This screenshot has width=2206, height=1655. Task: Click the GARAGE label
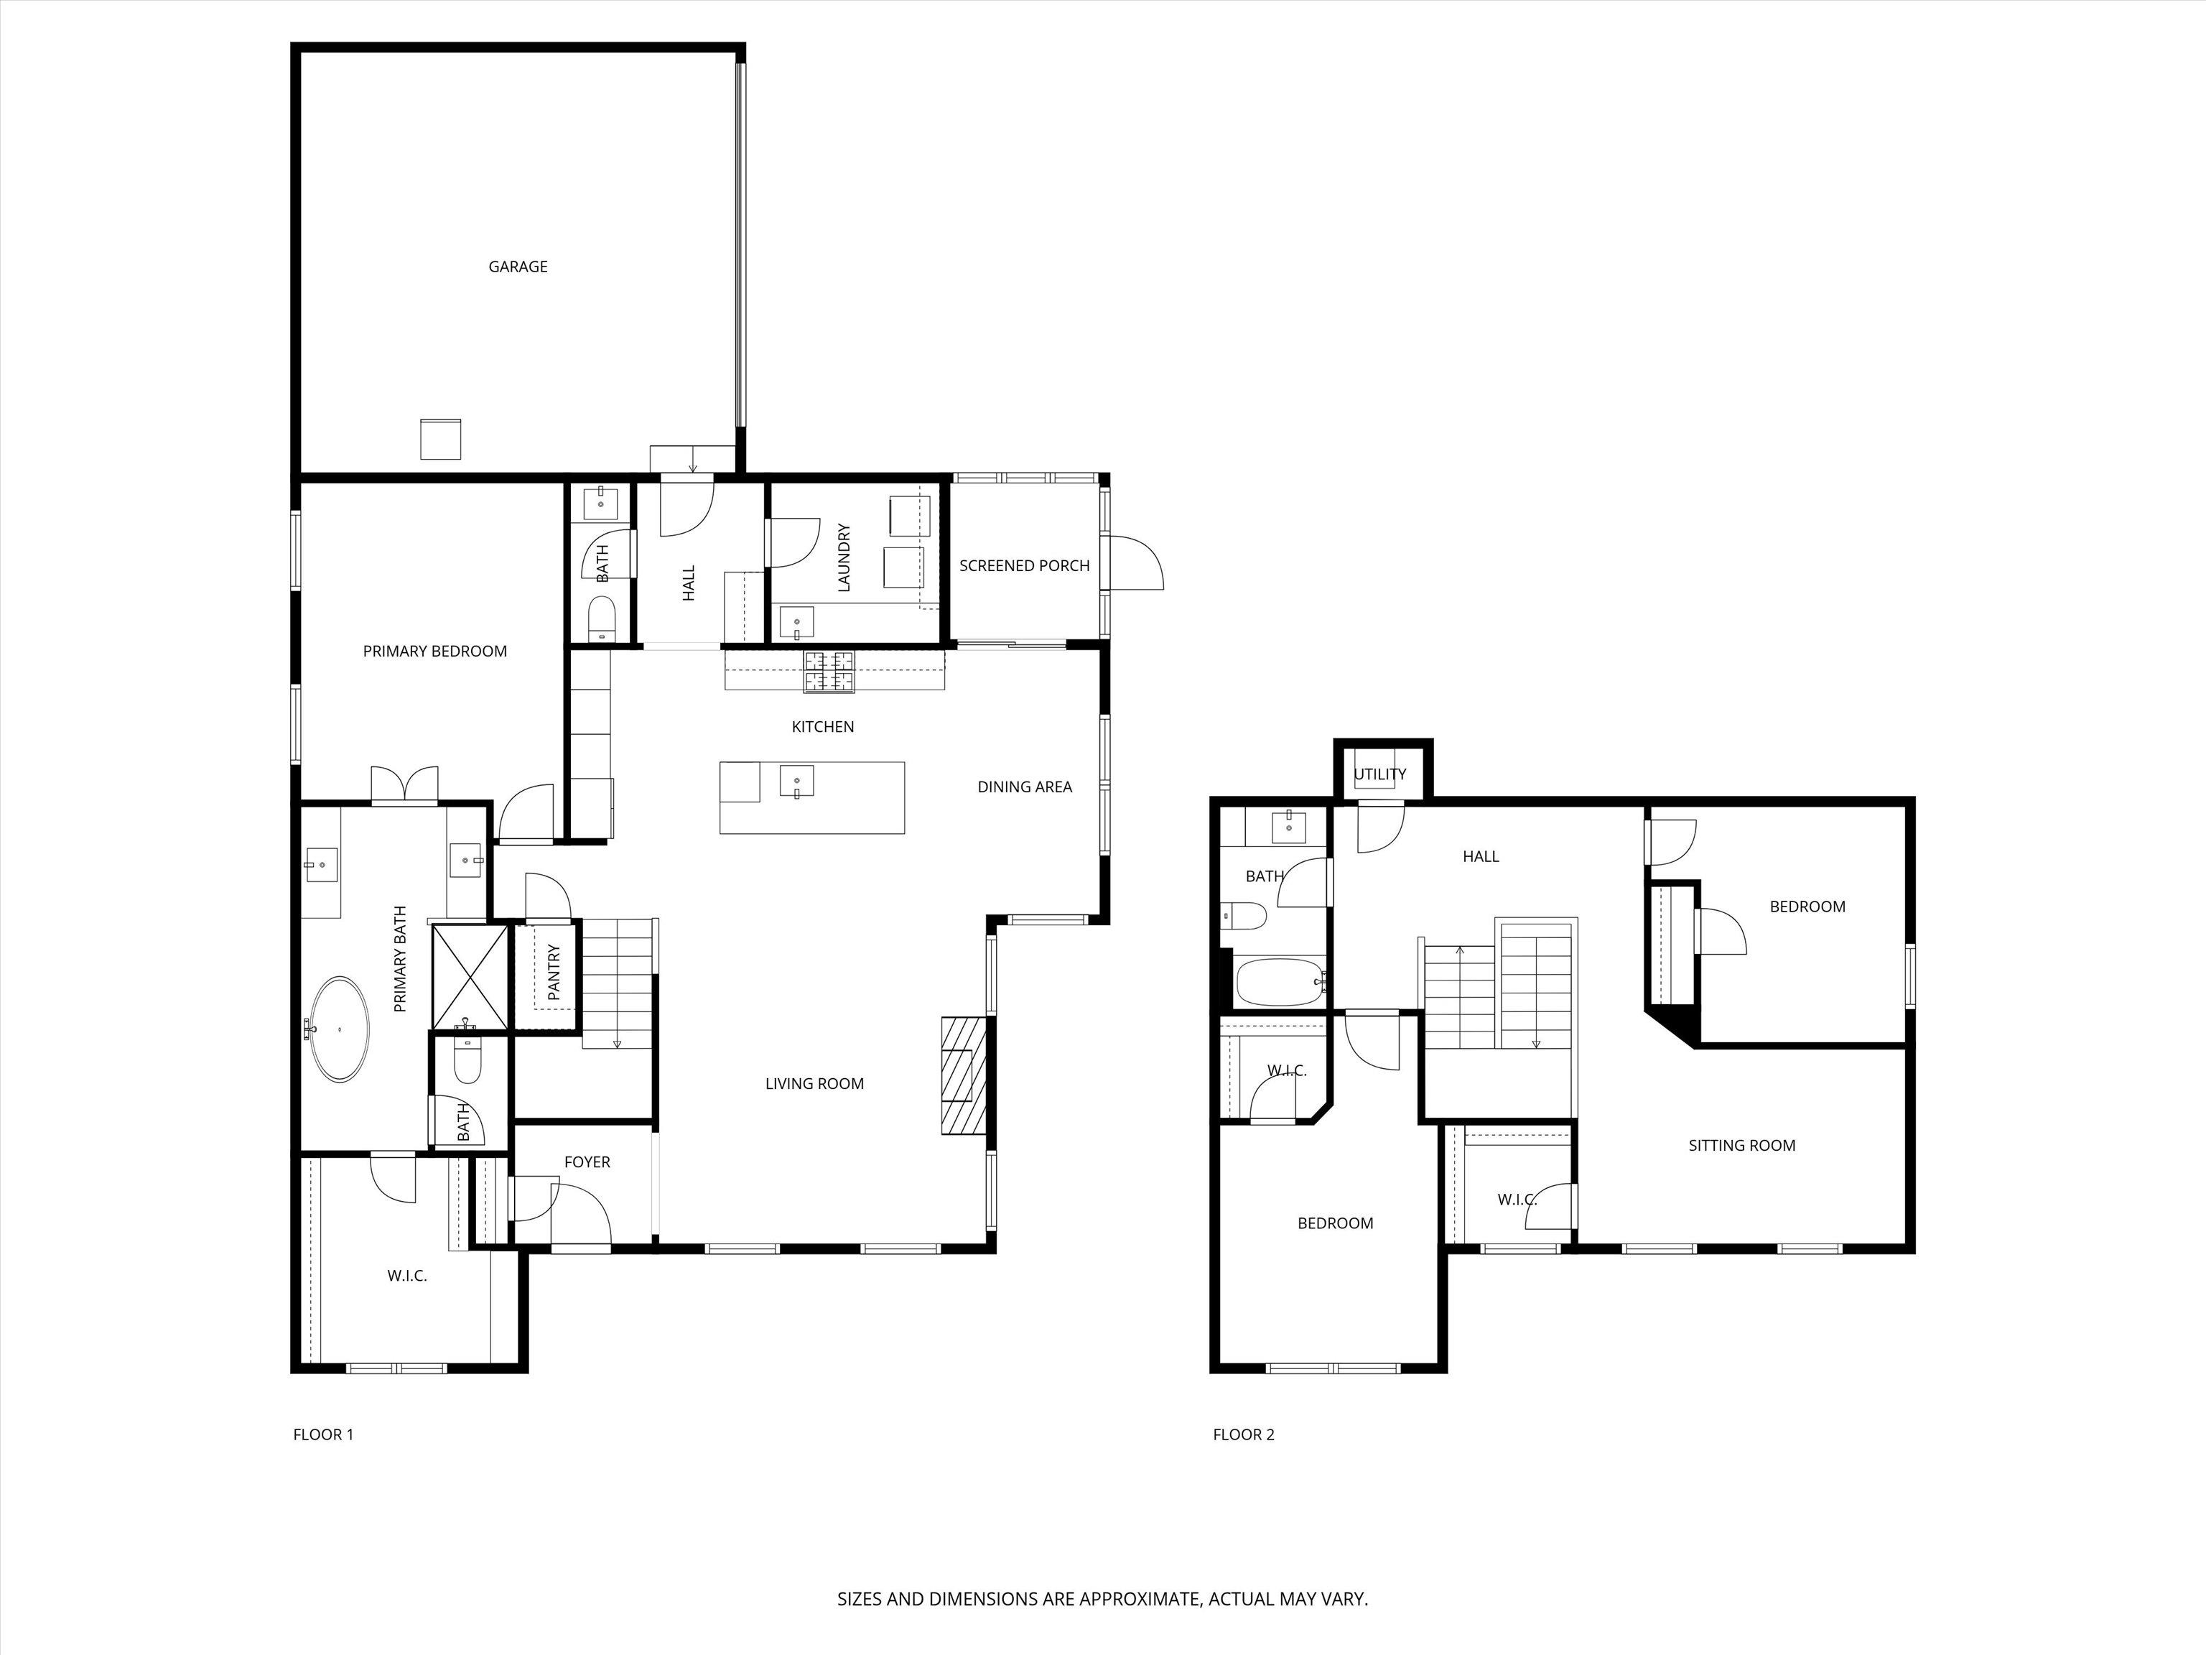pyautogui.click(x=518, y=266)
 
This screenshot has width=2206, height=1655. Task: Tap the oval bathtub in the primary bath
pyautogui.click(x=340, y=1029)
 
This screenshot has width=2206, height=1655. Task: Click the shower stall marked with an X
pyautogui.click(x=469, y=975)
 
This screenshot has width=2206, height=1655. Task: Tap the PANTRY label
pyautogui.click(x=554, y=973)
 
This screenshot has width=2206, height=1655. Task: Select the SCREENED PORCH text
pyautogui.click(x=1024, y=565)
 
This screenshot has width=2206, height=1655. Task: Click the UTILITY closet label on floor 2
pyautogui.click(x=1380, y=774)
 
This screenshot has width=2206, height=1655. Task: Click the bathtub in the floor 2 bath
pyautogui.click(x=1280, y=983)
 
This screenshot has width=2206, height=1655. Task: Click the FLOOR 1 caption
pyautogui.click(x=323, y=1434)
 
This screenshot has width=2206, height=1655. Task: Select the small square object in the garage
pyautogui.click(x=439, y=439)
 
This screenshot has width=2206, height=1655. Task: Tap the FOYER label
pyautogui.click(x=587, y=1162)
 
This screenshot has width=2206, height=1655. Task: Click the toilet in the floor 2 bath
pyautogui.click(x=1244, y=915)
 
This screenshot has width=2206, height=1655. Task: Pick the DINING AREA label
pyautogui.click(x=1024, y=787)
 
